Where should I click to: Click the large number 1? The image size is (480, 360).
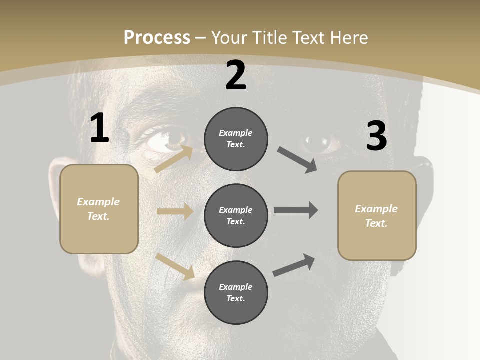pos(99,128)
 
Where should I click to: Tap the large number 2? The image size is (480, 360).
pos(236,76)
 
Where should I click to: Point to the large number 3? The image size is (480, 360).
pos(376,136)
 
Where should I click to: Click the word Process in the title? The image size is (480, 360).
pos(157,37)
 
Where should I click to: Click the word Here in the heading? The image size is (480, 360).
pos(349,37)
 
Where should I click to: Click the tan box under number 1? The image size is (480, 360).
pos(99,209)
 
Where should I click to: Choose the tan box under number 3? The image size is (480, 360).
pos(377,216)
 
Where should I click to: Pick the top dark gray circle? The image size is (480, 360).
pos(236,139)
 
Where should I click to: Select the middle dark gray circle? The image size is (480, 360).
pos(236,215)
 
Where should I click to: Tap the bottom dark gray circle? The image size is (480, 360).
pos(236,292)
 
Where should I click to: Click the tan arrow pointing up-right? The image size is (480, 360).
pos(174,159)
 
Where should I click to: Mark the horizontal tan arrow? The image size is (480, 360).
pos(175,212)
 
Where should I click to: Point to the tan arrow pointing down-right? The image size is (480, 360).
pos(175,266)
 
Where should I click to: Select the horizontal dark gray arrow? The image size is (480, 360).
pos(296,210)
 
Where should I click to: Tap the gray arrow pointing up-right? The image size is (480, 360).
pos(294,265)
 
